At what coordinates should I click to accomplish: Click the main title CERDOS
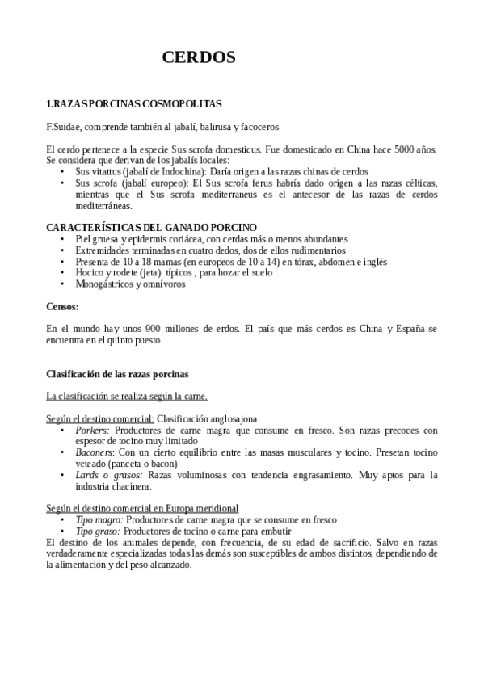pyautogui.click(x=198, y=57)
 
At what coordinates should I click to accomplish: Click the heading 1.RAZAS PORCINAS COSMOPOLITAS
pyautogui.click(x=133, y=104)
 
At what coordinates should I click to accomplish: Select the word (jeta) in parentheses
pyautogui.click(x=147, y=273)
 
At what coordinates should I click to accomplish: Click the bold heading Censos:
pyautogui.click(x=63, y=307)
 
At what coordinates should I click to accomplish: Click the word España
pyautogui.click(x=412, y=330)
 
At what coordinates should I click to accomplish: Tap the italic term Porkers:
pyautogui.click(x=93, y=431)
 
